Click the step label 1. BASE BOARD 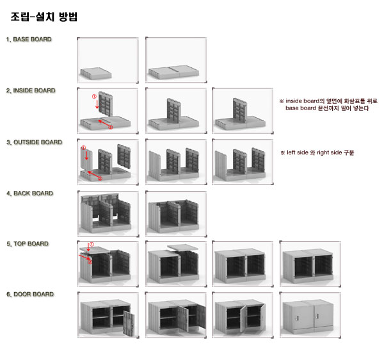tap(29, 40)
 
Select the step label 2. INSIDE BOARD tap(31, 91)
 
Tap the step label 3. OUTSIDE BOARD tap(35, 142)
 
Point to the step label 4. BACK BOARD tap(29, 193)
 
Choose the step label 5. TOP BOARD tap(28, 244)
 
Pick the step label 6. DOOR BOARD tap(29, 295)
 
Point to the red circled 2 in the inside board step tap(110, 127)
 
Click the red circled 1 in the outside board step tap(84, 148)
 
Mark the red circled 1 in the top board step tap(91, 245)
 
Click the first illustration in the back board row tap(107, 212)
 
